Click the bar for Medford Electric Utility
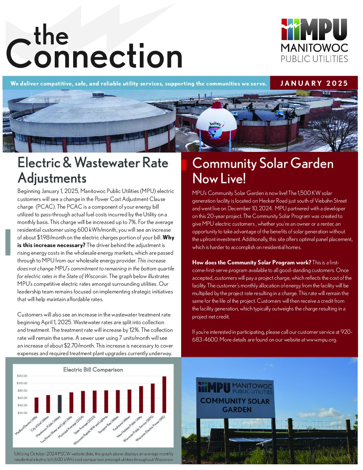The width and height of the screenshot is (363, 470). (x=36, y=405)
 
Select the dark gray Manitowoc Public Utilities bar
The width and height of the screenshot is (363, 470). (x=60, y=404)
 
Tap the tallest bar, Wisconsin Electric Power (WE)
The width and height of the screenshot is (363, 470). (x=164, y=395)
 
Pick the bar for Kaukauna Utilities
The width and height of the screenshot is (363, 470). (x=129, y=401)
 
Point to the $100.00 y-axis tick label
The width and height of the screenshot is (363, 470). (x=22, y=383)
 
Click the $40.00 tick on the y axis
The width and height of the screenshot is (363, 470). (x=22, y=405)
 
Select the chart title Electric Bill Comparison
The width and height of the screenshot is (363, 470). (x=93, y=370)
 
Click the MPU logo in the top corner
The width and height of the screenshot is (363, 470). (x=314, y=40)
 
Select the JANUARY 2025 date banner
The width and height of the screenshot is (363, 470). (x=314, y=83)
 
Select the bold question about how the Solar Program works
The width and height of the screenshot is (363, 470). (x=252, y=262)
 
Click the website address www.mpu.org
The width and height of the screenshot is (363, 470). (x=321, y=340)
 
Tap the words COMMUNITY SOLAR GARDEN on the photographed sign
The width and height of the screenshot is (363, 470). (x=235, y=405)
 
